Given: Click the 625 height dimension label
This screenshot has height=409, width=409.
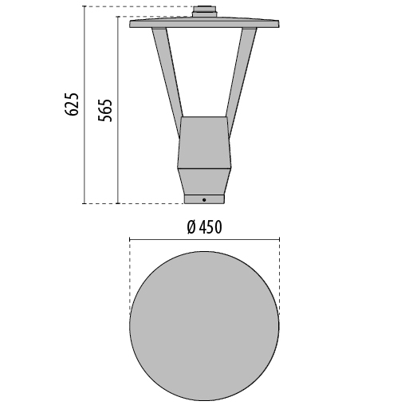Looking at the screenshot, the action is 72,104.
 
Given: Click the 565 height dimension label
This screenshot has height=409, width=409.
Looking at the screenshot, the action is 105,110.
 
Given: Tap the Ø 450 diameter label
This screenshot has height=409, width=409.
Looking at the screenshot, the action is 204,227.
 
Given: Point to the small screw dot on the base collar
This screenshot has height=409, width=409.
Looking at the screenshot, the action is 204,200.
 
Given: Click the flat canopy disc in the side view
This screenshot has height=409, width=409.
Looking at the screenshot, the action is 204,22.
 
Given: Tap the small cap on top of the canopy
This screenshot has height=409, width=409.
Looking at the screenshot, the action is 204,12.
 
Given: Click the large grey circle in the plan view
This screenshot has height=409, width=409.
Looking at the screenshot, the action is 204,326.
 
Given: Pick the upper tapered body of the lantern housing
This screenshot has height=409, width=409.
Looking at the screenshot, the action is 204,142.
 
